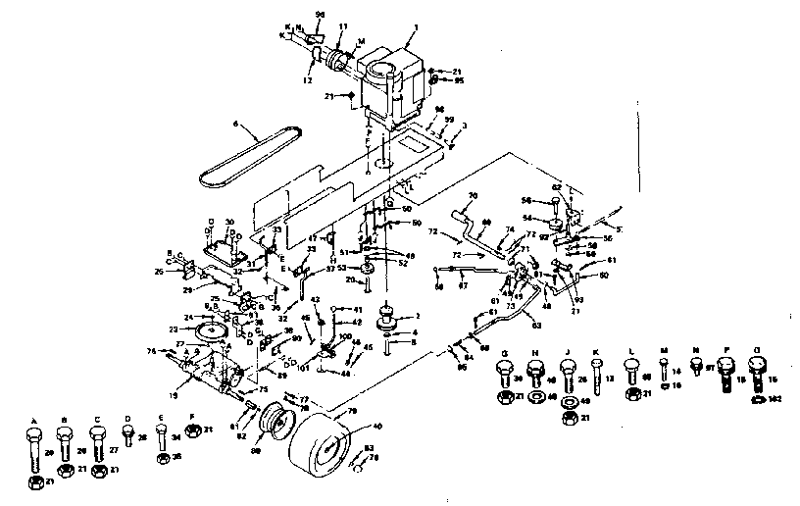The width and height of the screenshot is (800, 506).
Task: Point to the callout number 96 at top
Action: (x=319, y=13)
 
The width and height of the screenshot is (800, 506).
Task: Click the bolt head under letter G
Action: (x=505, y=371)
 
